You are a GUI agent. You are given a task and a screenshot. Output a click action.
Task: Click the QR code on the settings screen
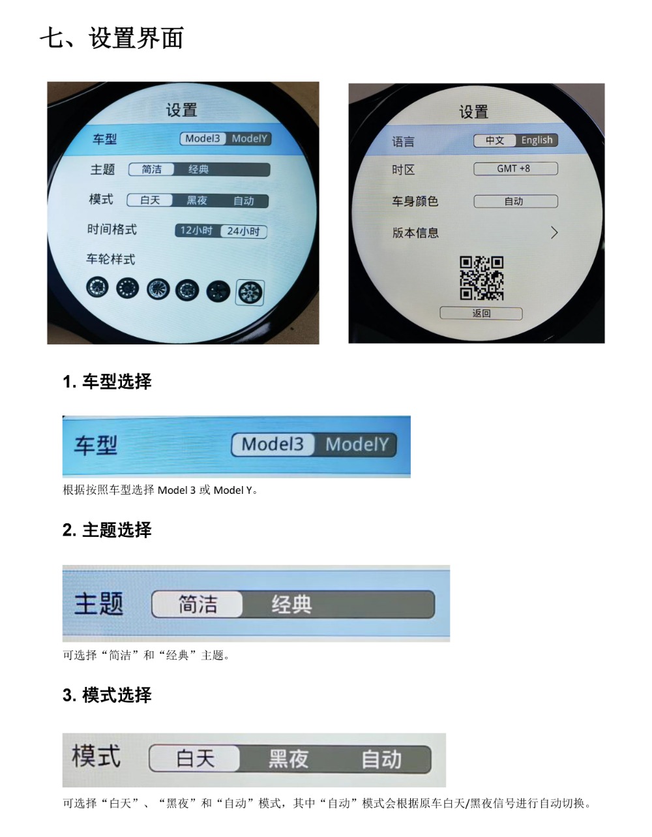tap(481, 278)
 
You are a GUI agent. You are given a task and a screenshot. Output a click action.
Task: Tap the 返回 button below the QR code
tap(481, 313)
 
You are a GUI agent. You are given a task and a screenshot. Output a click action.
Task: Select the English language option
tap(536, 140)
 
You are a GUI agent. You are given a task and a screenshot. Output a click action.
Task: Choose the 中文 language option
tap(495, 140)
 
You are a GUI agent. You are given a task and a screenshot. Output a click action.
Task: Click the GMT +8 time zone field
tap(515, 169)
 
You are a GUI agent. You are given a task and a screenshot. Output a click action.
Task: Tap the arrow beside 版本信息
tap(554, 232)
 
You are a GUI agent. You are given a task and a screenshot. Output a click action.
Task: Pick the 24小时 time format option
tap(243, 231)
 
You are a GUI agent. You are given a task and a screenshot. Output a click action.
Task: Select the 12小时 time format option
tap(198, 230)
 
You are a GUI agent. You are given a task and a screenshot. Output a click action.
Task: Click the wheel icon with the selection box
tap(250, 292)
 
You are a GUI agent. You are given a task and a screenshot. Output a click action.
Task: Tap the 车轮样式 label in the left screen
tap(111, 259)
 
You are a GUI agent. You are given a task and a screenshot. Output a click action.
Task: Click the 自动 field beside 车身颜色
tap(515, 201)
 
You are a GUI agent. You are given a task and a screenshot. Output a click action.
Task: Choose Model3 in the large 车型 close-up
tap(273, 444)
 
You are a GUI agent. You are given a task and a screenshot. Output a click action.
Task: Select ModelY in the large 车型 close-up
tap(356, 444)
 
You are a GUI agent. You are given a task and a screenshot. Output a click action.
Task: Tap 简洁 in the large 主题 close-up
tap(197, 603)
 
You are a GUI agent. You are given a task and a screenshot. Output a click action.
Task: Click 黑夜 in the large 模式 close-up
tap(288, 759)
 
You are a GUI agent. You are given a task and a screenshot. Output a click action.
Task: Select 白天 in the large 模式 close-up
tap(194, 758)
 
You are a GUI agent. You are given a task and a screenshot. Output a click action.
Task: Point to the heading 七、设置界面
tap(111, 38)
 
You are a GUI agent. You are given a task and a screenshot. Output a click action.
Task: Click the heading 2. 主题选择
tap(107, 530)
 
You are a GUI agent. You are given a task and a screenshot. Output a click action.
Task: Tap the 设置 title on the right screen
tap(473, 112)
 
